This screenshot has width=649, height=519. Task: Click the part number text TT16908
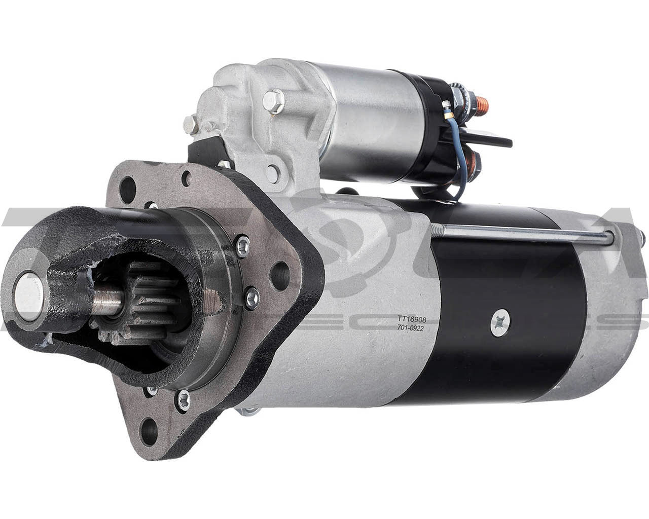pos(412,319)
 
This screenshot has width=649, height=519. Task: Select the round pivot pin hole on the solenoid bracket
pos(273,173)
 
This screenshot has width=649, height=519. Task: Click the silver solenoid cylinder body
pos(370,122)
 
